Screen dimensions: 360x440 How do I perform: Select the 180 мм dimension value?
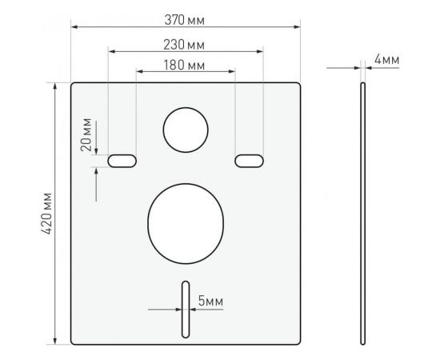185,64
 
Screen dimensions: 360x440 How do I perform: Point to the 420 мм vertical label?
46,214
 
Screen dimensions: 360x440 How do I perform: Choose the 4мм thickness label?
386,60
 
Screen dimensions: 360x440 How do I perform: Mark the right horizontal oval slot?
249,162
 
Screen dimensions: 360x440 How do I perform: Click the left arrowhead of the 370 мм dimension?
74,26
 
